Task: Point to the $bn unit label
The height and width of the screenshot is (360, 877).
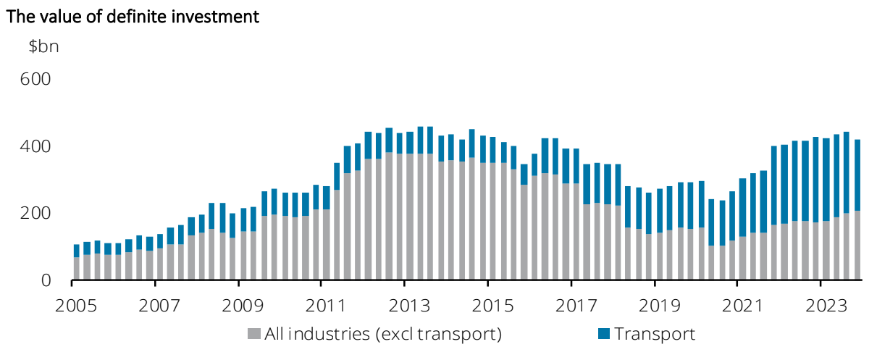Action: (43, 47)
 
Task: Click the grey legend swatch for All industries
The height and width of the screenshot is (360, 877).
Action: (253, 334)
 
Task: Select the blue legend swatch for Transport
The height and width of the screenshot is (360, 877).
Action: (603, 334)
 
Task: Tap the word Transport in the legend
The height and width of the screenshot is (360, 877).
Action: (654, 334)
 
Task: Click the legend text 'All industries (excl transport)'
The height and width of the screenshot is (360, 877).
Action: (383, 334)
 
